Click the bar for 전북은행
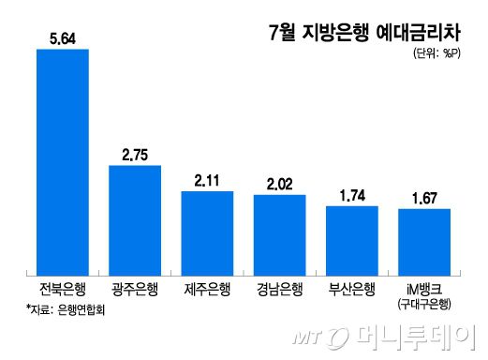[62, 159]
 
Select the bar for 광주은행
[135, 218]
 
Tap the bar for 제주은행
[207, 232]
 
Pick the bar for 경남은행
[279, 233]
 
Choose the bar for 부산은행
[351, 239]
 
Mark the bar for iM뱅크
[424, 240]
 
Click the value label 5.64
[62, 38]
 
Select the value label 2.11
[207, 181]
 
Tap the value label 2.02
[279, 185]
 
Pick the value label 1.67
[424, 198]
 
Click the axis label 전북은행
[62, 288]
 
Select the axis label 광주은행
[135, 288]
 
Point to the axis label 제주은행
[207, 288]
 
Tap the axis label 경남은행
[279, 288]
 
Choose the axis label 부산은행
[351, 288]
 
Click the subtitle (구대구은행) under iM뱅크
[424, 303]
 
